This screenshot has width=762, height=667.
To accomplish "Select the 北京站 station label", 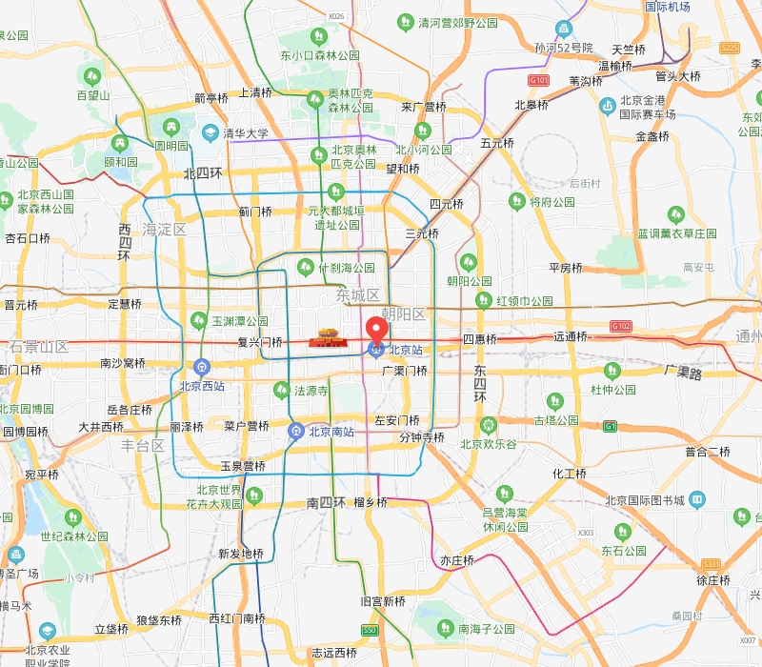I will [404, 350].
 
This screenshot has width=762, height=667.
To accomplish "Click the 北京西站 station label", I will [202, 386].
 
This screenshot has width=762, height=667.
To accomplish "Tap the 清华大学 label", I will [245, 133].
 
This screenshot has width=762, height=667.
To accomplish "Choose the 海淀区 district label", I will [164, 230].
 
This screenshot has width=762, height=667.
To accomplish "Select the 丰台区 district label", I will [143, 445].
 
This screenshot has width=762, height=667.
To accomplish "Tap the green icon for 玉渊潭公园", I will [198, 320].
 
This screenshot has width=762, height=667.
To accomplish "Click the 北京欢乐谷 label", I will [489, 443].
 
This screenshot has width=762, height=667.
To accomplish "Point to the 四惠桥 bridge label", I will [479, 339].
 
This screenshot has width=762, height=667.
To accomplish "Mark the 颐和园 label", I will [121, 162].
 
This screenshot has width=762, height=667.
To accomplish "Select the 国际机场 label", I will [667, 7].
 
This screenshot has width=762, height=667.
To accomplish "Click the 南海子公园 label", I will [486, 629].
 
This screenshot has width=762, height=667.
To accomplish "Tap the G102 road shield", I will [621, 326].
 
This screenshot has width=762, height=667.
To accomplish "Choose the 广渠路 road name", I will [683, 371].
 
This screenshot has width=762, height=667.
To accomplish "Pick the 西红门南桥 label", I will [237, 618].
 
